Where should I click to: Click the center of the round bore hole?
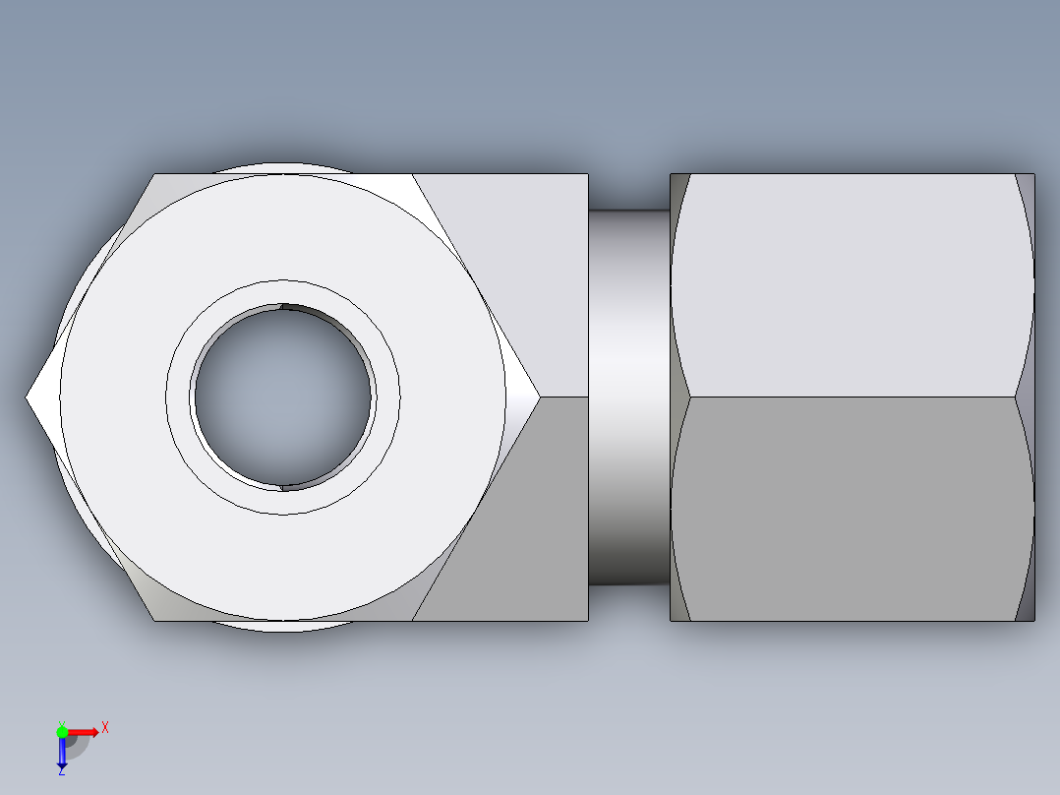(x=283, y=397)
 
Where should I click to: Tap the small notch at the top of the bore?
(x=283, y=307)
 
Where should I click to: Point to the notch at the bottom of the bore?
(x=283, y=486)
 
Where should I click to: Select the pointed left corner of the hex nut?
(x=29, y=397)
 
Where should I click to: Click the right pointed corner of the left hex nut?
(x=538, y=397)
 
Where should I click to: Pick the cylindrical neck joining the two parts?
(x=629, y=397)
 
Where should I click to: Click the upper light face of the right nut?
(x=851, y=285)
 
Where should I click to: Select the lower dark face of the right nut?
(x=851, y=507)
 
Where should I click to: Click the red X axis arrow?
(x=85, y=732)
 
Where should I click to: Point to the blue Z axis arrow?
(x=62, y=754)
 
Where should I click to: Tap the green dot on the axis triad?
(x=62, y=731)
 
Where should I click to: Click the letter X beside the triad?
(x=105, y=728)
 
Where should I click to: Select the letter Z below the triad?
(x=61, y=772)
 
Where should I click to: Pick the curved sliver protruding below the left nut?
(x=283, y=626)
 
